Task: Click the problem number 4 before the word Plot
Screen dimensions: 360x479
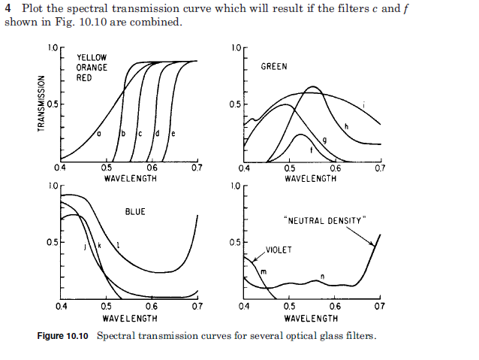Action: (x=8, y=8)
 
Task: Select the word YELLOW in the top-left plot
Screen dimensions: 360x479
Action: (x=92, y=57)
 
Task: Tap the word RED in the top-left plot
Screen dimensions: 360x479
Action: (x=84, y=77)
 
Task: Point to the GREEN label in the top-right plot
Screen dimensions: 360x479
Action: (x=274, y=67)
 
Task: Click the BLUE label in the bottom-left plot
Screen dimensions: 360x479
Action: (x=135, y=212)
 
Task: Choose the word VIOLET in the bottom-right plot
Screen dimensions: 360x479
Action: (x=279, y=250)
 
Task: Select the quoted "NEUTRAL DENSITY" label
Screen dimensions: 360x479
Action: (x=325, y=220)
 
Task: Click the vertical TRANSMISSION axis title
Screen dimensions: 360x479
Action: (x=43, y=102)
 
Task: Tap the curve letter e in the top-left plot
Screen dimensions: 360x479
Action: (x=173, y=134)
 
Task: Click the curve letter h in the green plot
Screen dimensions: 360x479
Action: (x=346, y=126)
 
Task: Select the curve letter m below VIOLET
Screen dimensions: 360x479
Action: (x=264, y=270)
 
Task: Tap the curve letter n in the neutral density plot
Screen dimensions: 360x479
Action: (x=322, y=277)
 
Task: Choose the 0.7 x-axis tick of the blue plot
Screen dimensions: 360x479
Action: (x=197, y=307)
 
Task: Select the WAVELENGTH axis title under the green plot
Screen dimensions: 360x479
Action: (x=311, y=179)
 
